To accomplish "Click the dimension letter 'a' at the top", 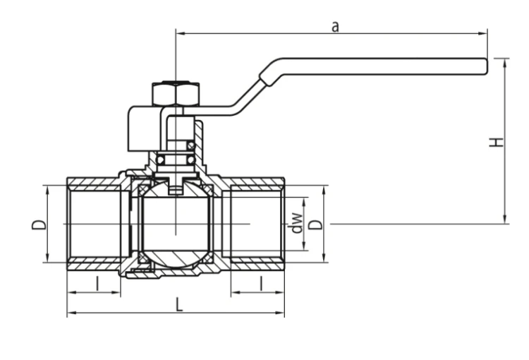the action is point(335,27).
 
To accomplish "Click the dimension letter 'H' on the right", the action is point(496,143).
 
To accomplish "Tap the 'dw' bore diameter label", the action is point(296,223).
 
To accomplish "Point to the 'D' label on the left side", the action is point(39,225).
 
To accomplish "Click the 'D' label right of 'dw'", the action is point(316,225).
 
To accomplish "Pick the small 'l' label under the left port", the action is point(98,283).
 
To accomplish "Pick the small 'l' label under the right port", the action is point(261,283).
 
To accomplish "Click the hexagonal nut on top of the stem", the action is point(176,94).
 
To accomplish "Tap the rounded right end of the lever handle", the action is point(486,66).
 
